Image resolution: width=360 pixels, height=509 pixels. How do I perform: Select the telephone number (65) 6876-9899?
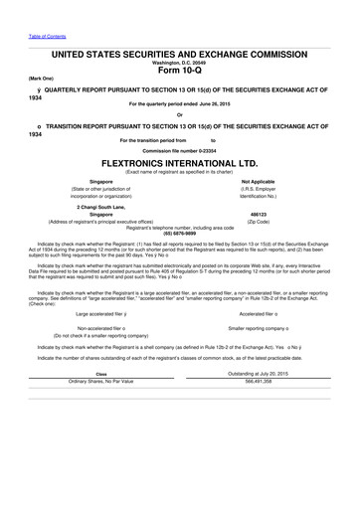click(179, 232)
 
